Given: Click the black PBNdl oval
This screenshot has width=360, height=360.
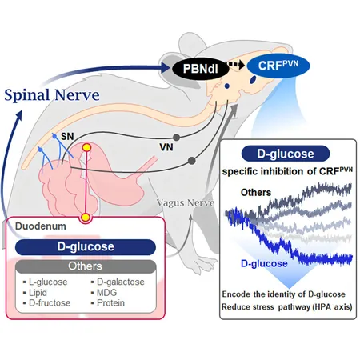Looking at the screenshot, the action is (x=200, y=69).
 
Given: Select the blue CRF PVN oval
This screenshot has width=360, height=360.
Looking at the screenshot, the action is (x=278, y=66).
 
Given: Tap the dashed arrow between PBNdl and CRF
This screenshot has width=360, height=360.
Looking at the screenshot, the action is (x=236, y=65).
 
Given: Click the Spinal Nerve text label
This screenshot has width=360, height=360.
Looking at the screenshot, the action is (x=52, y=95).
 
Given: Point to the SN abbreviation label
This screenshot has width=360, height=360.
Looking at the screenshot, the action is (x=67, y=136).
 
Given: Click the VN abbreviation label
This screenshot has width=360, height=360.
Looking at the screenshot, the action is (x=166, y=147).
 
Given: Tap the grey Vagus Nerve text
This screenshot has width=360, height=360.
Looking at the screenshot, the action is (x=186, y=203).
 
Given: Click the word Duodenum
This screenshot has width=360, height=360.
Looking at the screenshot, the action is (x=41, y=226).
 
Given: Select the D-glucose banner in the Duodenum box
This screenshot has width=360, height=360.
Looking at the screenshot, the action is (x=86, y=247).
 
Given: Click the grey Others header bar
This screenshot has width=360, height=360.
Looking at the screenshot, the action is (x=86, y=266).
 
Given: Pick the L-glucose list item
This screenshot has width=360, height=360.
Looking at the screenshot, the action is (x=48, y=282).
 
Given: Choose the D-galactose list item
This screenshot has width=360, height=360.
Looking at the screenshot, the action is (x=121, y=282).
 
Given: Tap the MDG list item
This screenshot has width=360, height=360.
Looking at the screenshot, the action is (x=106, y=293).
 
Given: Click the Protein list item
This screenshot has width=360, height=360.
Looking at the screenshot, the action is (x=110, y=303).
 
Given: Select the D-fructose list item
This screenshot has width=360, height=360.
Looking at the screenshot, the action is (x=50, y=303).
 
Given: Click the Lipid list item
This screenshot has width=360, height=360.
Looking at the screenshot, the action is (x=38, y=293).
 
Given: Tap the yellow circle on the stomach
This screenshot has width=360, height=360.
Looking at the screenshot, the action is (x=86, y=147).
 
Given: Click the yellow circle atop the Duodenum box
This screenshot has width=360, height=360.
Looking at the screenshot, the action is (x=86, y=218).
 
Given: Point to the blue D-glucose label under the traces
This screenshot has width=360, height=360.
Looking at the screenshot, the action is (x=264, y=263).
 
